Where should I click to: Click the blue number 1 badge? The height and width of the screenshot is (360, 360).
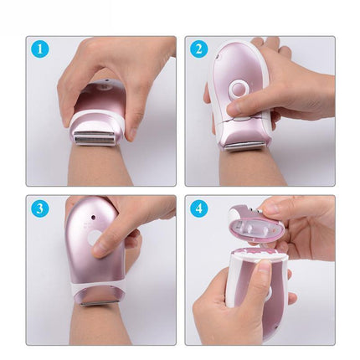point(39,49)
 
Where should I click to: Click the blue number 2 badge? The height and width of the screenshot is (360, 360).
point(198,49)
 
